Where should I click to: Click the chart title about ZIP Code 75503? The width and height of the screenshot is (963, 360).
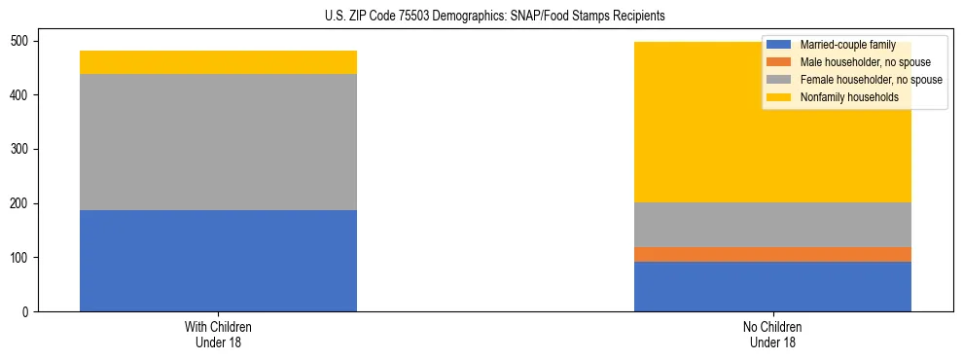coord(481,16)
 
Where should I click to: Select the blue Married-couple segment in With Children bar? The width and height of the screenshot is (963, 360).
coord(218,261)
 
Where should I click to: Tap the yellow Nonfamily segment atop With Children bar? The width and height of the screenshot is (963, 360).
coord(218,62)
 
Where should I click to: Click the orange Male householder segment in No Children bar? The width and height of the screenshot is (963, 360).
coord(772,254)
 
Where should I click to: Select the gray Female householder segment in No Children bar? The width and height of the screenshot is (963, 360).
coord(772,225)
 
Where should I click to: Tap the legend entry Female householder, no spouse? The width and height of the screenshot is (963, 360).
coord(856,80)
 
